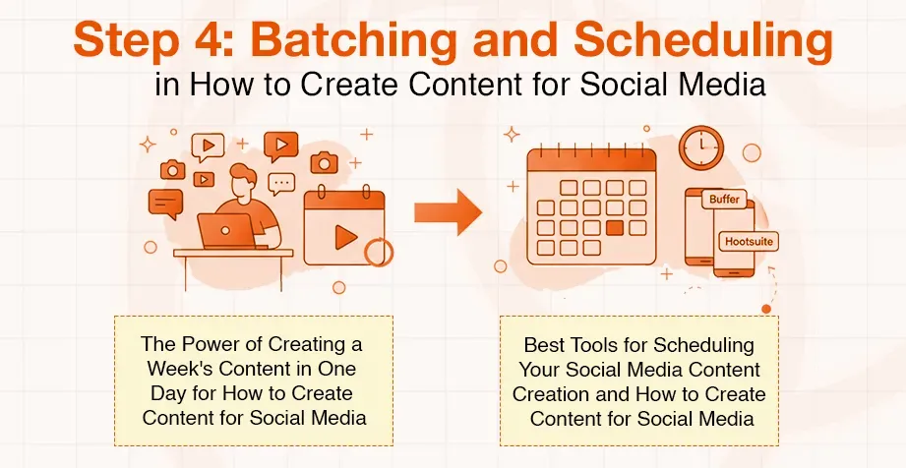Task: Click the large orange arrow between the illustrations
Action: coord(447,212)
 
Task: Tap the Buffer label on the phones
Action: coord(725,200)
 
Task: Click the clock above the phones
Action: coord(700,147)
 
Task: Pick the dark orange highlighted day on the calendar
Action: coord(615,228)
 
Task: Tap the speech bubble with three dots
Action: coord(282,183)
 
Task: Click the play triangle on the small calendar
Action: coord(344,236)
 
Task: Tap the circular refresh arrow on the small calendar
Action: coord(378,253)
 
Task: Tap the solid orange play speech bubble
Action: coord(280,146)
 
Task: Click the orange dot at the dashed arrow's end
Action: coord(765,309)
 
